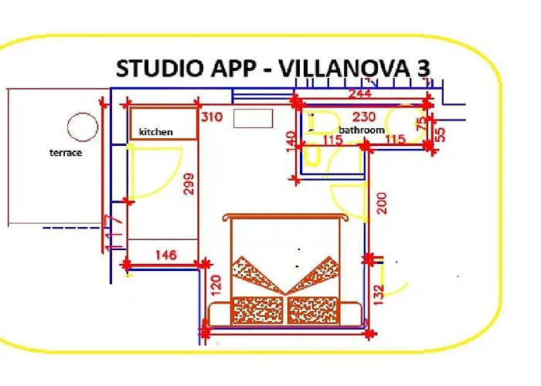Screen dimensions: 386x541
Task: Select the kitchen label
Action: click(x=155, y=132)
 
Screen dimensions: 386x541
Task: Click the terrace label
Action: click(x=65, y=153)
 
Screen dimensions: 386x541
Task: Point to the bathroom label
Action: click(x=362, y=130)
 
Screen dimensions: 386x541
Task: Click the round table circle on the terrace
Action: click(x=81, y=127)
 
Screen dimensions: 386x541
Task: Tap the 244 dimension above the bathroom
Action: click(x=360, y=94)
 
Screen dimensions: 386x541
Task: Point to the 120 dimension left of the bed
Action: click(x=216, y=286)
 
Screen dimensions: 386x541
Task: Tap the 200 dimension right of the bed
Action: click(x=381, y=202)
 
